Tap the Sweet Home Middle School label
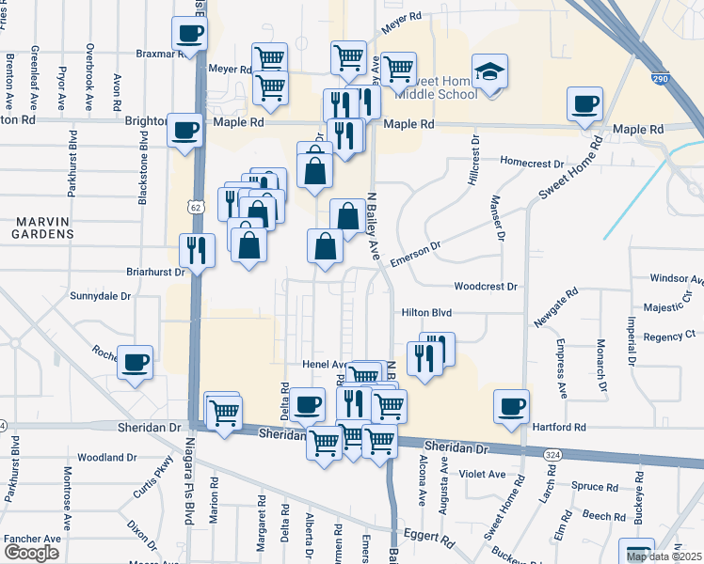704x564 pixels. [439, 87]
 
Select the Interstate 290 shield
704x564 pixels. [661, 80]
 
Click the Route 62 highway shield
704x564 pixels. [194, 206]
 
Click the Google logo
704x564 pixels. [31, 552]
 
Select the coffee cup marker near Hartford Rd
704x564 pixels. [511, 406]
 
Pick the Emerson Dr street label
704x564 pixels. [415, 255]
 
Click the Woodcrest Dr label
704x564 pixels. [486, 286]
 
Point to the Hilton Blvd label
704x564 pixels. [427, 312]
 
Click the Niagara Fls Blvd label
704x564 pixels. [188, 493]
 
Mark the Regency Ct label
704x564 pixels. [669, 334]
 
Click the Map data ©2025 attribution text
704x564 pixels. [664, 557]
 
